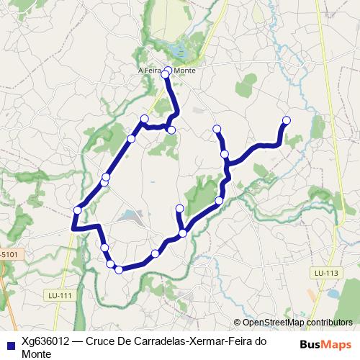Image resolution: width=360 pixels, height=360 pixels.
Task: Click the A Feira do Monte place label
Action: point(166,71)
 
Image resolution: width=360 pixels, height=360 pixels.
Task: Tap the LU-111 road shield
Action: point(56,295)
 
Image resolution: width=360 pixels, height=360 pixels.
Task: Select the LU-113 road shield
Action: point(325,273)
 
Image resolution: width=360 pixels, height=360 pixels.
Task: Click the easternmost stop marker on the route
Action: point(287,120)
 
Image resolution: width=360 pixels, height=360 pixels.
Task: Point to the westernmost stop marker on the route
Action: point(77,210)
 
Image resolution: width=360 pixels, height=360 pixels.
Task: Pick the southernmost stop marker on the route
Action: point(118,270)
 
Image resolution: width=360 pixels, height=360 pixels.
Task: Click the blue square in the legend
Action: point(10,342)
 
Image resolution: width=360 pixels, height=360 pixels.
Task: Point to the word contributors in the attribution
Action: point(328,323)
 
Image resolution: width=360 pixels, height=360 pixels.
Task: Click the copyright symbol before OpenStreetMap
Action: point(237,323)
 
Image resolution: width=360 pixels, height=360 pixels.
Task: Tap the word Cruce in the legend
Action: point(101,341)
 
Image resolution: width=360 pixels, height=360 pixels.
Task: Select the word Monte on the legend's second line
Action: point(36,354)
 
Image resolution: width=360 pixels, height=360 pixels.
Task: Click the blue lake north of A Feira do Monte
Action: point(178,52)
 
